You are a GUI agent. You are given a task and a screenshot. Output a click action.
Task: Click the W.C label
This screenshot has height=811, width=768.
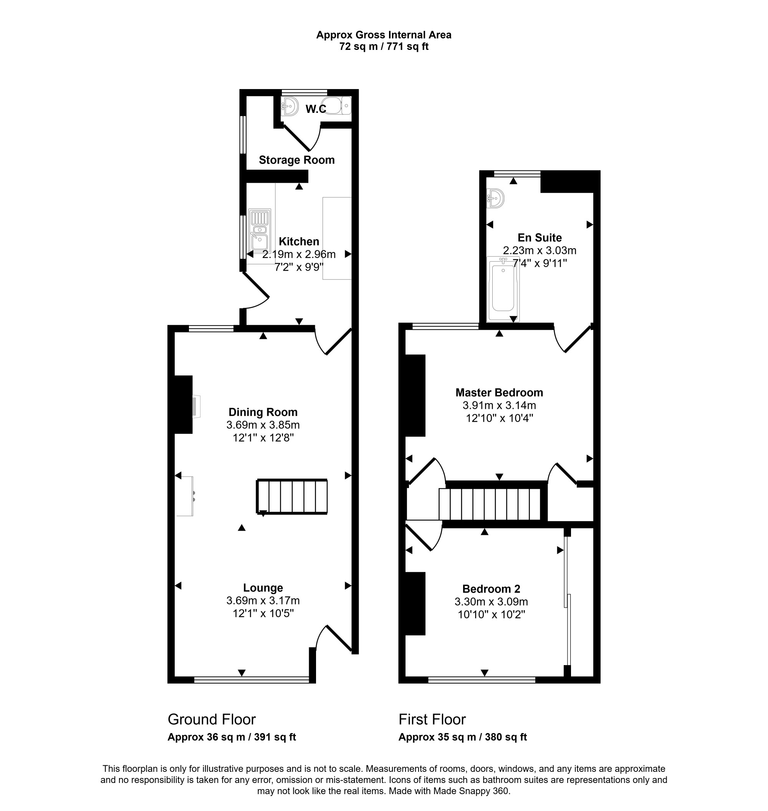coord(316,109)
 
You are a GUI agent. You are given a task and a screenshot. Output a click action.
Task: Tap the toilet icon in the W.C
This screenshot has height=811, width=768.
coord(336,106)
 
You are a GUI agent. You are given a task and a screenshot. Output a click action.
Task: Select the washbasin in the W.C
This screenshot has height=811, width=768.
coord(290,106)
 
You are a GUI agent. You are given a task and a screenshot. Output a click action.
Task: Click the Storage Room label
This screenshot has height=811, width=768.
coord(297,160)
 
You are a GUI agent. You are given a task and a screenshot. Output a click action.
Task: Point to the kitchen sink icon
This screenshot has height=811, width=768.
coord(260,230)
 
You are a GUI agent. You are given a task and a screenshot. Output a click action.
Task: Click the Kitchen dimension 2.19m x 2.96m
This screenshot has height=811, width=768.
coord(299,254)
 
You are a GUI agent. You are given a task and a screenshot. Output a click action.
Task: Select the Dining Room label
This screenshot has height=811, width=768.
coord(263,412)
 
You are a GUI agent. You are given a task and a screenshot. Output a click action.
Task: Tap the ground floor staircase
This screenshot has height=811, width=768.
coord(292,496)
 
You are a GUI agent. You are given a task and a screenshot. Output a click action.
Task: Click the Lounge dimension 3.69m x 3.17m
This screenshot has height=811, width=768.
coord(263,601)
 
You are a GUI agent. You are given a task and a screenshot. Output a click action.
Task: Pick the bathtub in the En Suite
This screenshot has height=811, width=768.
coord(503,289)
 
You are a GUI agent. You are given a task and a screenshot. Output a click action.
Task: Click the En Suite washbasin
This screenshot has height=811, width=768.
coord(495,199)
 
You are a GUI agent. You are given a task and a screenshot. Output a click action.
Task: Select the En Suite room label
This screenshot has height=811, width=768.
coord(540,237)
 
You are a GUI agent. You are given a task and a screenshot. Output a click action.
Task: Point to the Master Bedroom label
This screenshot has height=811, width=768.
coord(499,392)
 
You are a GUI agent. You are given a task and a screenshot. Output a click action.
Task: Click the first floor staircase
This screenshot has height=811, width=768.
coord(490,504)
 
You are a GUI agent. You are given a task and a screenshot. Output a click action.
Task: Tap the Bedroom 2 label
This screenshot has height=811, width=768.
coord(491,589)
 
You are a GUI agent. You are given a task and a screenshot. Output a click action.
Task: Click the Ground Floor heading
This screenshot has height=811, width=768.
coord(212,719)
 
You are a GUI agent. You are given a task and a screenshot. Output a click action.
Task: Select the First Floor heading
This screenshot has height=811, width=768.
coord(432,719)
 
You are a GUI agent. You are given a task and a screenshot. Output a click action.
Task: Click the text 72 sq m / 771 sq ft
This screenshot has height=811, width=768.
coord(384,47)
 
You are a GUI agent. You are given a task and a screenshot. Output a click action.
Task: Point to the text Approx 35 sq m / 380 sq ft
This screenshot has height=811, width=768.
coord(463,737)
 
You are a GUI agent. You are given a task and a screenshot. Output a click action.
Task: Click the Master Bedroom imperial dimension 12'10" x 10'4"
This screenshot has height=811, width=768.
coord(499,419)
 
